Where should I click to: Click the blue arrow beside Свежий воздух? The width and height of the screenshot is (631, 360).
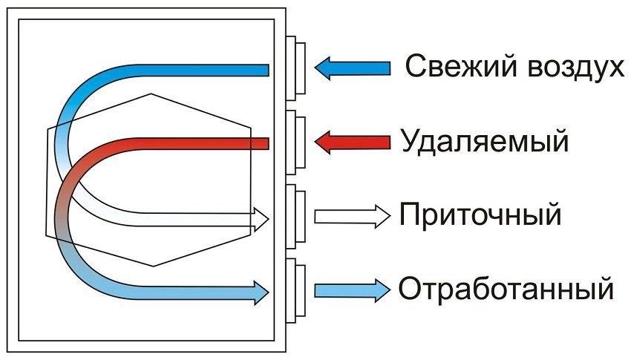pyautogui.click(x=352, y=68)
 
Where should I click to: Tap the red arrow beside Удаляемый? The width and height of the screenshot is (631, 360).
pyautogui.click(x=352, y=140)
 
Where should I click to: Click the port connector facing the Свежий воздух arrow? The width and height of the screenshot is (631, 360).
pyautogui.click(x=295, y=68)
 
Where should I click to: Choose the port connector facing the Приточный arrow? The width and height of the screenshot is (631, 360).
pyautogui.click(x=295, y=216)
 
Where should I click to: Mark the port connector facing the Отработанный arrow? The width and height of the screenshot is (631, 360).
pyautogui.click(x=295, y=289)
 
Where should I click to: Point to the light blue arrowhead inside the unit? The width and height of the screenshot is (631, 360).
pyautogui.click(x=261, y=290)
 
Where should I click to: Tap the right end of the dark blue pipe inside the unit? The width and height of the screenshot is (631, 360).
pyautogui.click(x=265, y=70)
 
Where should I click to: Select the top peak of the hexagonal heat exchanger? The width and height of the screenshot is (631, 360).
pyautogui.click(x=151, y=94)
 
